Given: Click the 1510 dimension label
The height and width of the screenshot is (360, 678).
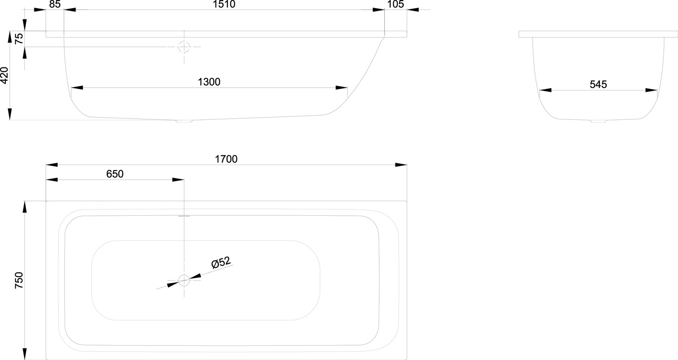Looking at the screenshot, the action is coord(224,4).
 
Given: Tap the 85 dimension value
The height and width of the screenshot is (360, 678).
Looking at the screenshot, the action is coord(55,4).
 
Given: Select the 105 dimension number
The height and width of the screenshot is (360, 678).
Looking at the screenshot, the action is coord(395,4).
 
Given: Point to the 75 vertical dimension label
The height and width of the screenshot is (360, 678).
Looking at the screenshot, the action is coord(19,38).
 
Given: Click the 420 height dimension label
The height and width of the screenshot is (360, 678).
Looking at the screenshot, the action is coord(5,76).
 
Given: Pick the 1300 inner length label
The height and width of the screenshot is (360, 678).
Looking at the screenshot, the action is coord(209,82).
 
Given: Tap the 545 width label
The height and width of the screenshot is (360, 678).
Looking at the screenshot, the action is coord(598,85).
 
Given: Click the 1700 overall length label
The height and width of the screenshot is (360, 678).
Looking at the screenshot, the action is coord(226,159).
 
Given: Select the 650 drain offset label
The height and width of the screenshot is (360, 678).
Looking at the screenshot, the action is coord(115,174).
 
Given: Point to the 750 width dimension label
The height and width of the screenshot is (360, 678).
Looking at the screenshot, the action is coord(19,280).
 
